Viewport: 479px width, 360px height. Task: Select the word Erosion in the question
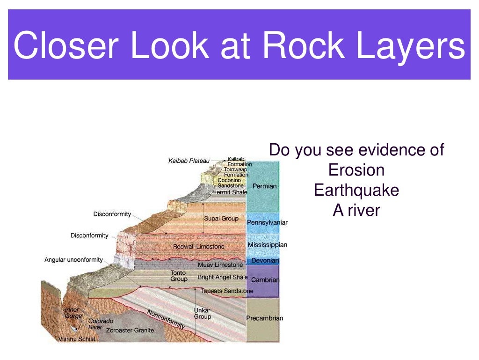[x=356, y=170]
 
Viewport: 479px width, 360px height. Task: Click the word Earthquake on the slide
[x=356, y=191]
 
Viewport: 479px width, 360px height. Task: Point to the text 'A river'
[x=356, y=211]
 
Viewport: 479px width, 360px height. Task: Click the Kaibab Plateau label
[x=189, y=161]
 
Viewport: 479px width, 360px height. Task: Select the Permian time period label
[x=265, y=186]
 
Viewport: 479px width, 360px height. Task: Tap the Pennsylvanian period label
[x=267, y=222]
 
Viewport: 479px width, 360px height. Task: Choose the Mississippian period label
[x=268, y=245]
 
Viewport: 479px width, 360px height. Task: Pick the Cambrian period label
[x=265, y=280]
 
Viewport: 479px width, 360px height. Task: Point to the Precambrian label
[x=265, y=318]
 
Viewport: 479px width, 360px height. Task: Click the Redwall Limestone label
[x=199, y=247]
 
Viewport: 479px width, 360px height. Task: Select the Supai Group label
[x=221, y=219]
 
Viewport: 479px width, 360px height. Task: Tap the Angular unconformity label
[x=73, y=260]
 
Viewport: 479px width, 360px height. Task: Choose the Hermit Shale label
[x=230, y=192]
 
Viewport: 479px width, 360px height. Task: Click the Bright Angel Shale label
[x=222, y=277]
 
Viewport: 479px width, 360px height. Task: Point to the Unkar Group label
[x=203, y=314]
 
